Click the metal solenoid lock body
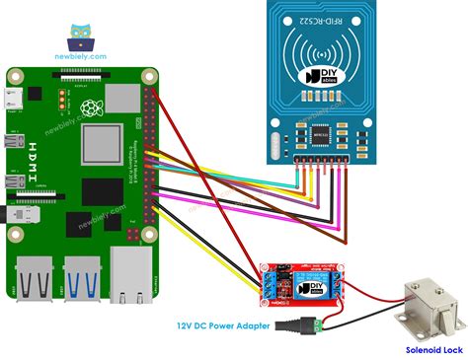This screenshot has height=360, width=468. click(x=425, y=306)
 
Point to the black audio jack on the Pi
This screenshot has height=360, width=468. click(x=12, y=213)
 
